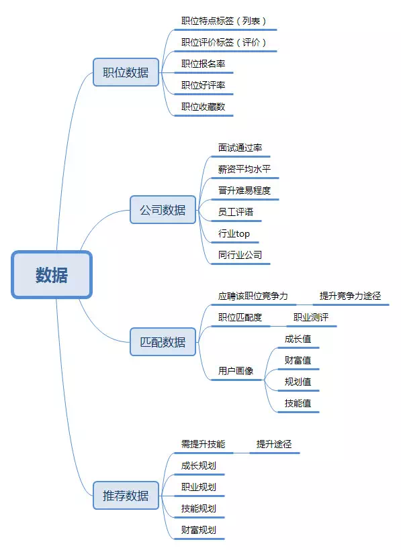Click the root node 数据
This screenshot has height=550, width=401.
pos(52,274)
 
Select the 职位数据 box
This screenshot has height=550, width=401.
pos(126,72)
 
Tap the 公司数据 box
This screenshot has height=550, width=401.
pos(163,210)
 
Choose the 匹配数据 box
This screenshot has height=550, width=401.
pos(163,341)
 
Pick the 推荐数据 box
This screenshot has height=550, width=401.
pos(126,495)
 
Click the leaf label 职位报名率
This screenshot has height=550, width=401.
pos(203,64)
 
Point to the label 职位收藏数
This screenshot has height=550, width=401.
pos(203,107)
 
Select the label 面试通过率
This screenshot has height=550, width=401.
pos(240,148)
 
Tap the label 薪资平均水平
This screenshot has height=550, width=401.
pos(244,169)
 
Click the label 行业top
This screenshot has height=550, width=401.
pos(234,233)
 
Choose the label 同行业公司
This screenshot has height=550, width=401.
pos(240,255)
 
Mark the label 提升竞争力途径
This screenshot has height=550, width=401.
pos(350,296)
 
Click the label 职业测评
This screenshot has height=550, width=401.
pos(311,317)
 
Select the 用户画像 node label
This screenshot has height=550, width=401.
pos(236,371)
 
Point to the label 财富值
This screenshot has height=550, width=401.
pos(298,360)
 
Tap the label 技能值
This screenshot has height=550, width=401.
pos(298,403)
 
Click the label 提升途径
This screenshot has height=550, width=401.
pos(274,444)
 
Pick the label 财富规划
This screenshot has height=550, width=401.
pos(198,530)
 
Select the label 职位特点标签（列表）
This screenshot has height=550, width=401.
pos(224,21)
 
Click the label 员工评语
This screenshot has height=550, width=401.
pos(236,212)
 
